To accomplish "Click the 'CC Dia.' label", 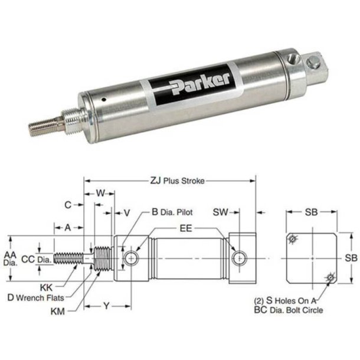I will coord(35,258).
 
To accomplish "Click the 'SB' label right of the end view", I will coord(351,258).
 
